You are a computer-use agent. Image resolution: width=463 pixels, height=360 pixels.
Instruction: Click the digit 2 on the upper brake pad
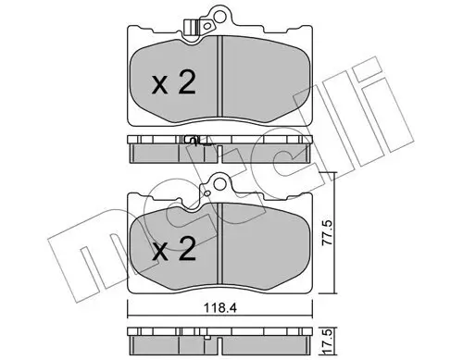click(x=186, y=85)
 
